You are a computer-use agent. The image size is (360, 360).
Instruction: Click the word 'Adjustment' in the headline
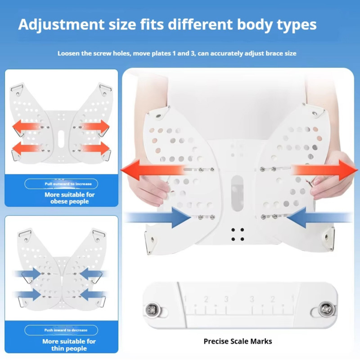[61, 24]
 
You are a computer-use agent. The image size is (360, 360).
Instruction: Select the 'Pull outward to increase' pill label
[61, 184]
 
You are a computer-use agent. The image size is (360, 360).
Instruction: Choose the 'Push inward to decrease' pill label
[61, 330]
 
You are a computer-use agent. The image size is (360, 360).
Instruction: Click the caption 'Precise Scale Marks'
[238, 342]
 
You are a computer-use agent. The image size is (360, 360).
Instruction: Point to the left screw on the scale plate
[152, 310]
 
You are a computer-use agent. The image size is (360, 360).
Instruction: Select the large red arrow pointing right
[324, 170]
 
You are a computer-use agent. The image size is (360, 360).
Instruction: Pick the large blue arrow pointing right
[158, 217]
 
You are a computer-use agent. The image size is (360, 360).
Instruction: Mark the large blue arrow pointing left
[319, 217]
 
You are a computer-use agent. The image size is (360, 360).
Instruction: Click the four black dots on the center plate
[238, 234]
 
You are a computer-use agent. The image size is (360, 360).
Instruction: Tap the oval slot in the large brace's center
[237, 193]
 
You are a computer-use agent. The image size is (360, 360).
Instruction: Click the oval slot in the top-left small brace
[61, 139]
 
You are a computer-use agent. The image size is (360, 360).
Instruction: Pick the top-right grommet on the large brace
[315, 113]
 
